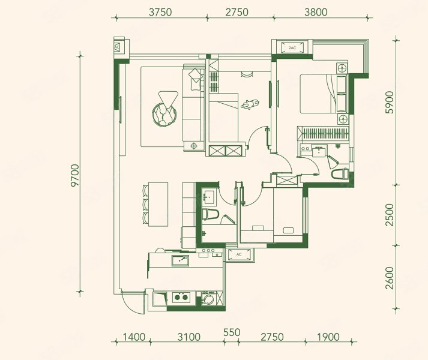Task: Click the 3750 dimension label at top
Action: pyautogui.click(x=160, y=12)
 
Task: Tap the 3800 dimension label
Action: pyautogui.click(x=316, y=12)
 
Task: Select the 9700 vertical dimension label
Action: pyautogui.click(x=74, y=175)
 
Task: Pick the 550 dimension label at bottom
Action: pyautogui.click(x=232, y=333)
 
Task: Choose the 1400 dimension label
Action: pyautogui.click(x=134, y=337)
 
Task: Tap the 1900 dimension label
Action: pyautogui.click(x=328, y=337)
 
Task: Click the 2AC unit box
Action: pyautogui.click(x=292, y=48)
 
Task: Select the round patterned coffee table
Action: pyautogui.click(x=164, y=115)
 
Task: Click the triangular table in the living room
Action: pyautogui.click(x=168, y=100)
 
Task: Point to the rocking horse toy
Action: pyautogui.click(x=250, y=104)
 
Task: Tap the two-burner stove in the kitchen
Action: pyautogui.click(x=181, y=297)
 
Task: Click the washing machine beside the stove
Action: pyautogui.click(x=209, y=298)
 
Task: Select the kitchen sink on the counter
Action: pyautogui.click(x=180, y=260)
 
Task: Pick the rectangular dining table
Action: pyautogui.click(x=158, y=204)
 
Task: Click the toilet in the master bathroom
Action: pyautogui.click(x=340, y=174)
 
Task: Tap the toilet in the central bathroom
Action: pyautogui.click(x=211, y=214)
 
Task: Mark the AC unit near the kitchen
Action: pyautogui.click(x=239, y=254)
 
